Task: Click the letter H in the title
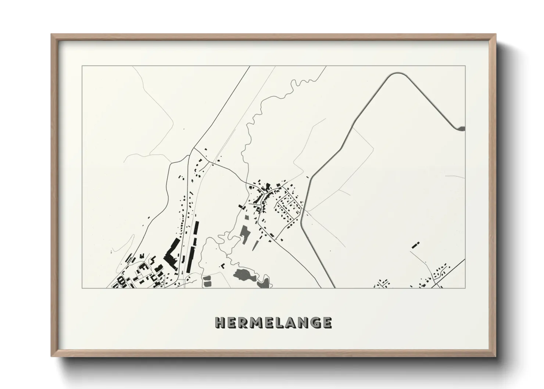[x=220, y=323]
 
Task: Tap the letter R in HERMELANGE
[x=243, y=323]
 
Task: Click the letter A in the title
[x=290, y=323]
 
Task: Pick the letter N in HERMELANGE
[x=303, y=323]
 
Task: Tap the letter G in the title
[x=315, y=323]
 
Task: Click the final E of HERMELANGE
[x=327, y=323]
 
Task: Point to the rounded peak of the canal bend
[x=395, y=74]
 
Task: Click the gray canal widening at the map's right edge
[x=462, y=128]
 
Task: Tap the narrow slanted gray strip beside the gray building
[x=254, y=245]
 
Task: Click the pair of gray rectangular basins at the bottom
[x=207, y=281]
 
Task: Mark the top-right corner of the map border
[x=465, y=66]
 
